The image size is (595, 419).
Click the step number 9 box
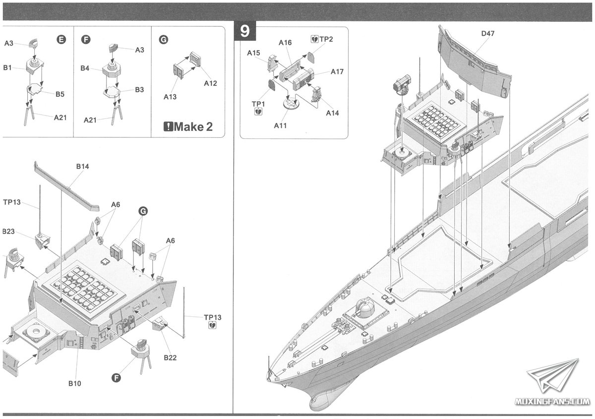[244, 31]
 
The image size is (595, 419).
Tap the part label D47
[487, 34]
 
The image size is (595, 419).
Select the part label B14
[82, 167]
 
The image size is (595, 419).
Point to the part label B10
[75, 383]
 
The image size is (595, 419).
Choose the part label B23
[7, 231]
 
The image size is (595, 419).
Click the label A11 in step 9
[280, 125]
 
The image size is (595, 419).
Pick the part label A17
[337, 72]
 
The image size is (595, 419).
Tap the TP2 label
[324, 39]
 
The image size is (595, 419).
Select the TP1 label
[258, 104]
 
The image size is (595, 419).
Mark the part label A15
[254, 53]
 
